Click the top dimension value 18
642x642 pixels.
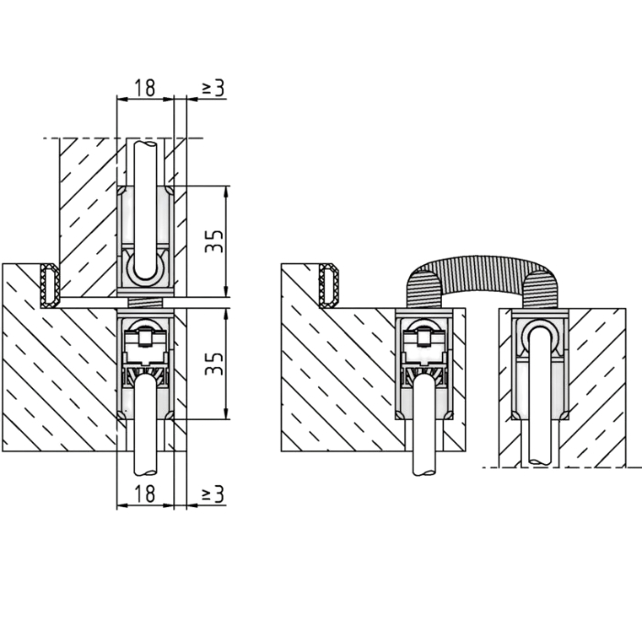point(145,88)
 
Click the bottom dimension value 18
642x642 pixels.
point(145,493)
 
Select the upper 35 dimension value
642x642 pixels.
point(215,241)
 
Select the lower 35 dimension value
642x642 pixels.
point(215,363)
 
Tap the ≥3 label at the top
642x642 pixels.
point(214,88)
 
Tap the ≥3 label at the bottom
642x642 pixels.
point(214,493)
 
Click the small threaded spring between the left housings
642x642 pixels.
point(146,303)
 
